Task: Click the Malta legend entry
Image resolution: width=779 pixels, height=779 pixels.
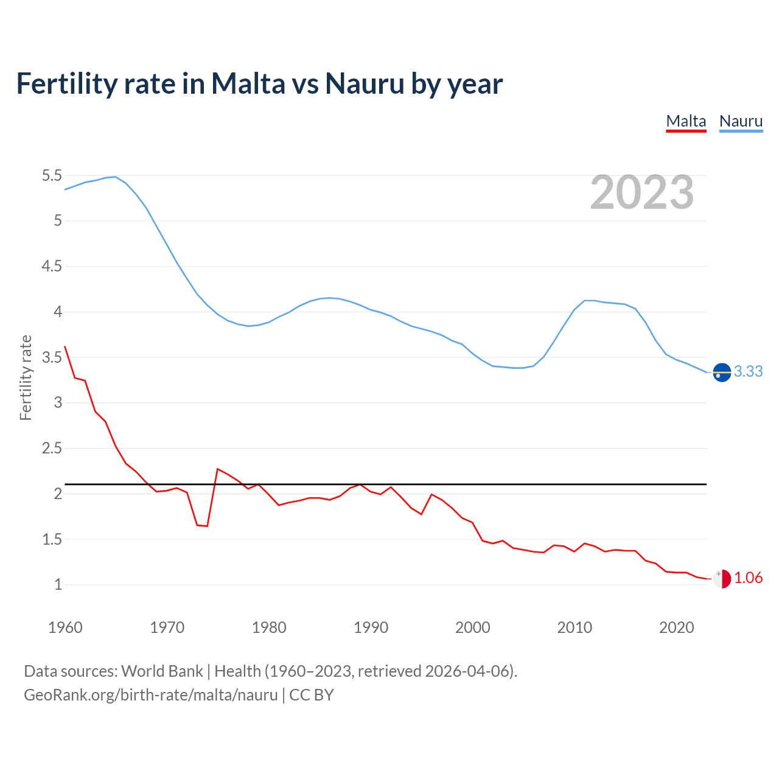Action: [686, 121]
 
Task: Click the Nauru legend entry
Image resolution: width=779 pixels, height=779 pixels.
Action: [741, 121]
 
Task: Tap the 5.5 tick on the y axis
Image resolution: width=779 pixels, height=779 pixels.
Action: [52, 176]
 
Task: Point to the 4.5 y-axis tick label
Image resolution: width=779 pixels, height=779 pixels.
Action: [52, 267]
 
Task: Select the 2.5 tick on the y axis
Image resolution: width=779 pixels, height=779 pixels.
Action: [52, 449]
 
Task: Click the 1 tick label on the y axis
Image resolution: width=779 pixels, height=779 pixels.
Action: [58, 585]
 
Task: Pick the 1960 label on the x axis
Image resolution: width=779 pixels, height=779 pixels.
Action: [65, 627]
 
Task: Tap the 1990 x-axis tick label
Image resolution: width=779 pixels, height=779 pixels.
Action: [371, 627]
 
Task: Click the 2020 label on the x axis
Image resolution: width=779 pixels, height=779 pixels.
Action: [676, 627]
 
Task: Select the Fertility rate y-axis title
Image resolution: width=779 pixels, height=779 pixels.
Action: [26, 377]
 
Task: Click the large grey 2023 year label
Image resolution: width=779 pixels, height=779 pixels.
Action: [641, 192]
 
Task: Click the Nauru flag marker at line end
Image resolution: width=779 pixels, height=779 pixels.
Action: [722, 372]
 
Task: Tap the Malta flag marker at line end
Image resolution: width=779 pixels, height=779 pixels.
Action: [722, 579]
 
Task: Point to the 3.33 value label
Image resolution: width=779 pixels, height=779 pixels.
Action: [748, 372]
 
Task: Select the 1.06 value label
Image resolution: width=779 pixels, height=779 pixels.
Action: [748, 578]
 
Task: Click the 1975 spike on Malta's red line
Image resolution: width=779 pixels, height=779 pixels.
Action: [218, 469]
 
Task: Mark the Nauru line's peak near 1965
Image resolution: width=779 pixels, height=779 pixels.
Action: [115, 177]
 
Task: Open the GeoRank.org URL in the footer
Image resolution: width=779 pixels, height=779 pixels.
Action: [150, 695]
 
